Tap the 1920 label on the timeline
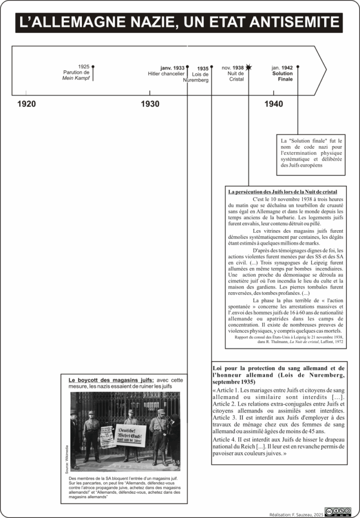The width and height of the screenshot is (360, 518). pyautogui.click(x=27, y=104)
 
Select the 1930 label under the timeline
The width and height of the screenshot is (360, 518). pyautogui.click(x=150, y=104)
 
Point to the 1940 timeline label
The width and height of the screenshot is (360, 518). pyautogui.click(x=274, y=104)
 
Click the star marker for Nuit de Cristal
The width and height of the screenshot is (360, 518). pyautogui.click(x=249, y=67)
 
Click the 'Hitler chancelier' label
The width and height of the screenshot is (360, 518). pyautogui.click(x=166, y=74)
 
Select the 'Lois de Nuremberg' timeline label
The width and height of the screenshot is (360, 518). pyautogui.click(x=197, y=77)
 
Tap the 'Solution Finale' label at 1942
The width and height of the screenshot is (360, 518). pyautogui.click(x=282, y=76)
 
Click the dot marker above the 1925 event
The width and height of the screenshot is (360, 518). pyautogui.click(x=93, y=66)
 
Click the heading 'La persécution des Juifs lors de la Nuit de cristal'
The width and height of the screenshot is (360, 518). pyautogui.click(x=282, y=192)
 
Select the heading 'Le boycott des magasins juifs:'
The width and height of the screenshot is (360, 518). pyautogui.click(x=111, y=380)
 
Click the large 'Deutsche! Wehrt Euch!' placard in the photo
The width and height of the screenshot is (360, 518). pyautogui.click(x=130, y=434)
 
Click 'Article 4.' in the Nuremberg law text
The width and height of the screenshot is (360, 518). pyautogui.click(x=225, y=440)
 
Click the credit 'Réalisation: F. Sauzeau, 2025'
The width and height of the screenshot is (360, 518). pyautogui.click(x=296, y=514)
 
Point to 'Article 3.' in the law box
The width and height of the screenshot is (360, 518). pyautogui.click(x=226, y=418)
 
